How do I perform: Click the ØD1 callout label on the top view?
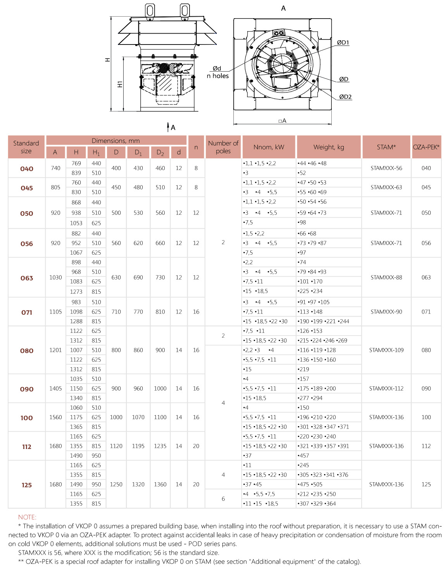click(x=343, y=43)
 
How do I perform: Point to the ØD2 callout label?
click(x=345, y=97)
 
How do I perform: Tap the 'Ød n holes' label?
click(x=218, y=72)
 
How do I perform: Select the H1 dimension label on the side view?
click(x=120, y=84)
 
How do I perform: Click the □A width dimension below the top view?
click(x=282, y=121)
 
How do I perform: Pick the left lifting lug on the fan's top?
click(x=150, y=10)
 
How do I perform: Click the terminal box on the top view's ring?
click(x=278, y=33)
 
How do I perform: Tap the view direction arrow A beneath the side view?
click(x=170, y=127)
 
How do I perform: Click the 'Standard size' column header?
click(x=26, y=147)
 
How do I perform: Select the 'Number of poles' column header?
click(x=223, y=147)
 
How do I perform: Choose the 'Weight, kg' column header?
click(x=329, y=147)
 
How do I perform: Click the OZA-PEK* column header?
click(x=426, y=147)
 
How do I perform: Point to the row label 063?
click(x=27, y=278)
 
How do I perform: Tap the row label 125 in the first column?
click(x=27, y=485)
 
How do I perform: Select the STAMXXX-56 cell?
click(x=386, y=168)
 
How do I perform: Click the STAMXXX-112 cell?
click(x=386, y=389)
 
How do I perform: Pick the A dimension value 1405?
click(x=55, y=389)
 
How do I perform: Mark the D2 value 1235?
click(x=160, y=446)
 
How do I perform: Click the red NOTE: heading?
click(x=27, y=517)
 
